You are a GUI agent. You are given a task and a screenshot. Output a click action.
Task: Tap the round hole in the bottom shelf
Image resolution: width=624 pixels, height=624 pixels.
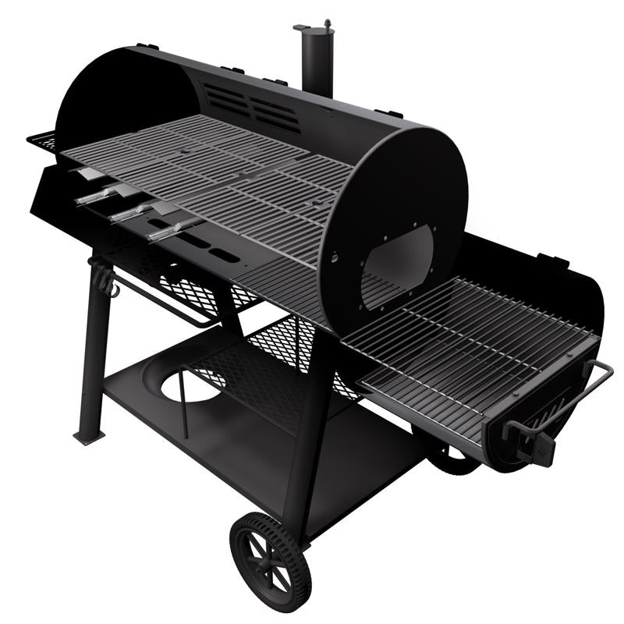(192, 385)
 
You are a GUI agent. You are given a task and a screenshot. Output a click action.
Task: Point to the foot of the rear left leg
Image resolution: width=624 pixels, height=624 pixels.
(87, 436)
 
